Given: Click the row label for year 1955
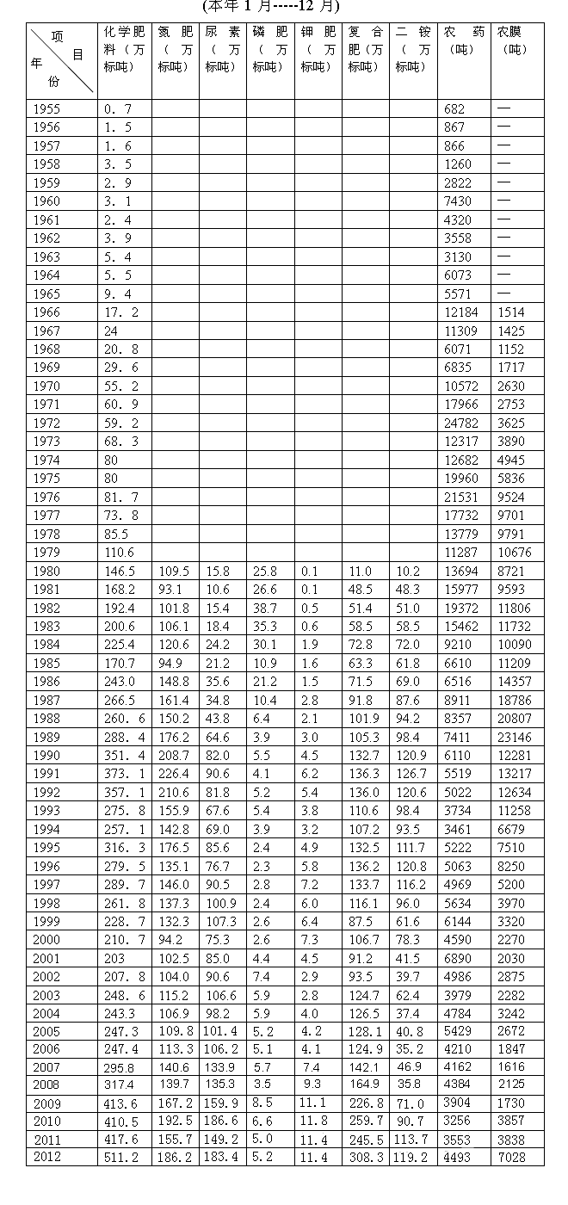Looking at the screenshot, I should coord(46,108).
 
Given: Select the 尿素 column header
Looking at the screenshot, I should coord(223,49).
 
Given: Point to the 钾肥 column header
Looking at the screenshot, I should coord(318,49).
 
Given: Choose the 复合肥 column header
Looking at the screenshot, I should coord(365,49).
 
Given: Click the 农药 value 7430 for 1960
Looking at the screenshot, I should coord(458,201).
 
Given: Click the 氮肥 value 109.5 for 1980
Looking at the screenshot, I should coord(173,572).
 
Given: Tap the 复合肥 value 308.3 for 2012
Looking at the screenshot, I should coord(365,1158).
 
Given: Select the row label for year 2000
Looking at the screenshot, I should coord(46,941).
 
